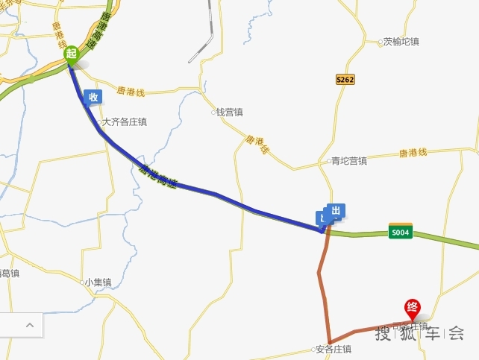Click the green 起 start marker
pyautogui.click(x=72, y=54)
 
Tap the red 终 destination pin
pyautogui.click(x=411, y=307)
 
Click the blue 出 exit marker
pyautogui.click(x=335, y=211)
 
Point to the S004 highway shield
pyautogui.click(x=401, y=231)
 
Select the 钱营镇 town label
pyautogui.click(x=230, y=113)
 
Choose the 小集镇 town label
pyautogui.click(x=98, y=282)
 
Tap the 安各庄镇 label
pyautogui.click(x=334, y=349)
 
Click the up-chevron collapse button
pyautogui.click(x=30, y=325)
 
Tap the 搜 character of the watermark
pyautogui.click(x=383, y=333)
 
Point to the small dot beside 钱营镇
pyautogui.click(x=213, y=113)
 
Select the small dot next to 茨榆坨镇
pyautogui.click(x=381, y=42)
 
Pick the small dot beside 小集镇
pyautogui.click(x=81, y=282)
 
